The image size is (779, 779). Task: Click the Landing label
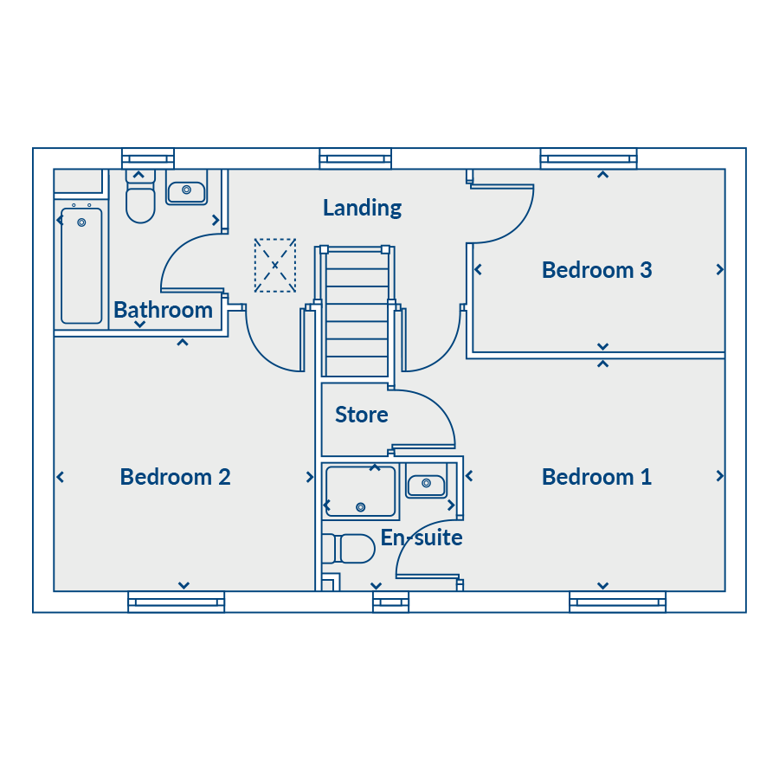tap(362, 208)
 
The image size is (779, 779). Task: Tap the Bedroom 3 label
tap(596, 270)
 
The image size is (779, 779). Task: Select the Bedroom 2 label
tap(176, 477)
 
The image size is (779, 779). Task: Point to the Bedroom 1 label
tap(596, 477)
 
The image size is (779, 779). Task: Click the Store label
tap(361, 415)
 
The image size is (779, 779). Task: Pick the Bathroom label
tap(163, 310)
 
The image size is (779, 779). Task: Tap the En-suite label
tap(422, 538)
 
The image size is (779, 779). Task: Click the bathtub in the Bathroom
tap(81, 266)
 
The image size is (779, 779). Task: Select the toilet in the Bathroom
tap(140, 196)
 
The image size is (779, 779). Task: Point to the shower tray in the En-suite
tap(360, 492)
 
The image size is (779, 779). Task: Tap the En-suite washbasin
tap(426, 485)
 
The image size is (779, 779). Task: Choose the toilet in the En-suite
tap(348, 549)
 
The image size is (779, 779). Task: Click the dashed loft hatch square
tap(275, 266)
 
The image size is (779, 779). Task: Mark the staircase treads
tap(357, 313)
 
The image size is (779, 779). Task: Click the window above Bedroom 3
tap(589, 159)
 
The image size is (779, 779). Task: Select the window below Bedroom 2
tap(177, 602)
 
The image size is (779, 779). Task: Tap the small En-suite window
tap(391, 602)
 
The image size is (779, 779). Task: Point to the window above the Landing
tap(355, 159)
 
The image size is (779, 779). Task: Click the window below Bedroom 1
tap(617, 602)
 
